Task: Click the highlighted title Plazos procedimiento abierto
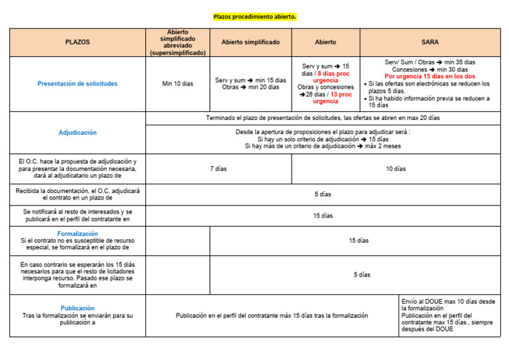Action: pyautogui.click(x=254, y=16)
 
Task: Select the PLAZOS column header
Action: pyautogui.click(x=78, y=42)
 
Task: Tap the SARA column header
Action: pyautogui.click(x=430, y=42)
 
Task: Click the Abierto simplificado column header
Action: pyautogui.click(x=251, y=42)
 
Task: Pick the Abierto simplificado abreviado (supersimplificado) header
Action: pyautogui.click(x=178, y=42)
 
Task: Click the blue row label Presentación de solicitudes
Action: pyautogui.click(x=78, y=84)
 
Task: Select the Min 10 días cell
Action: pyautogui.click(x=178, y=84)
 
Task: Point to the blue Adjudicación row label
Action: pyautogui.click(x=78, y=133)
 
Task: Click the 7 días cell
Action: pyautogui.click(x=218, y=169)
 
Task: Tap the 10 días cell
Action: pyautogui.click(x=396, y=169)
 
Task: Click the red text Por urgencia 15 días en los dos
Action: pyautogui.click(x=429, y=76)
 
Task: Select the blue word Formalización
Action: pyautogui.click(x=78, y=234)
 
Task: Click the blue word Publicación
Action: pyautogui.click(x=78, y=308)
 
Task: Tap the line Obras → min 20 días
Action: pyautogui.click(x=251, y=88)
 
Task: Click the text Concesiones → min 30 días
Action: pyautogui.click(x=429, y=69)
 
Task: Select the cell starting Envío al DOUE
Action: pyautogui.click(x=449, y=316)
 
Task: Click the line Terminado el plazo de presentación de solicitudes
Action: pyautogui.click(x=323, y=118)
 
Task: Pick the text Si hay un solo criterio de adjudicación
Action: pyautogui.click(x=323, y=139)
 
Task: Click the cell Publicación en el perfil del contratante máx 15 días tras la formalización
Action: pyautogui.click(x=272, y=316)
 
